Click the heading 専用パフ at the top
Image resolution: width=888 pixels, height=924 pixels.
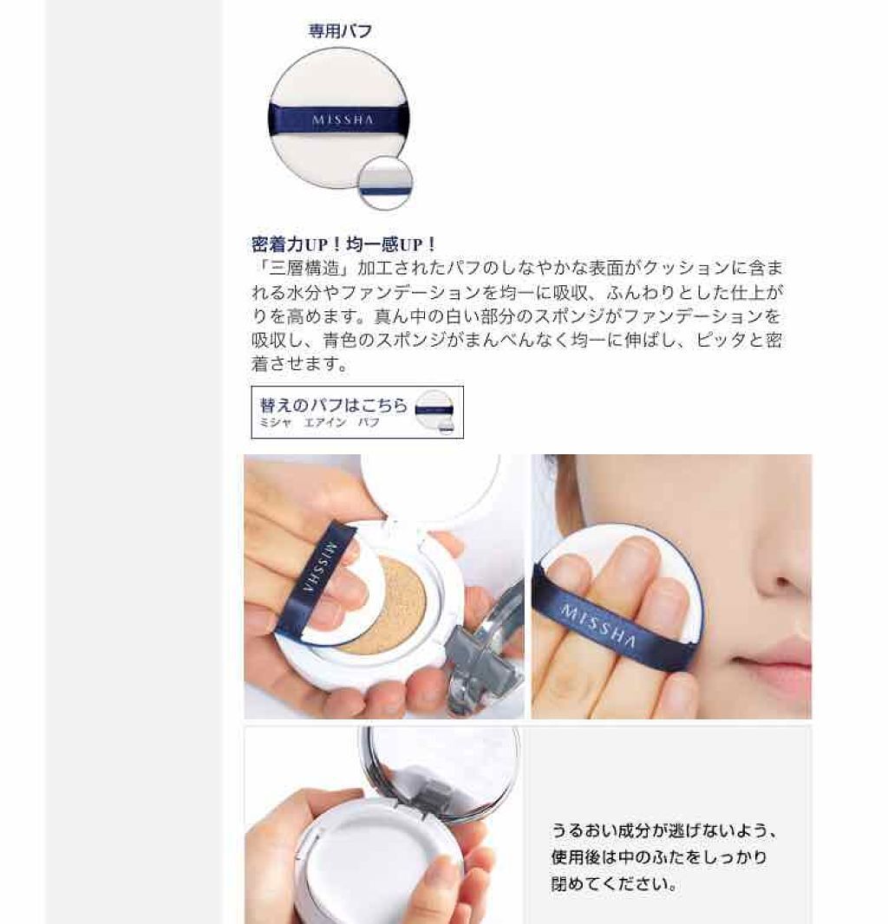(340, 31)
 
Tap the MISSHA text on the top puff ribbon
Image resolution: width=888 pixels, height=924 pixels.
(343, 120)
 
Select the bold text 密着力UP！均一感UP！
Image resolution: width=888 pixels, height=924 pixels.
(344, 244)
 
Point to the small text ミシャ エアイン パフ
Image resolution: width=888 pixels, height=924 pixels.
(319, 423)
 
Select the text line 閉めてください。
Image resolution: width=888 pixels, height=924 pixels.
(614, 886)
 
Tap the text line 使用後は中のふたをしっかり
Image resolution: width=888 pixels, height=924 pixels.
(659, 858)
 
